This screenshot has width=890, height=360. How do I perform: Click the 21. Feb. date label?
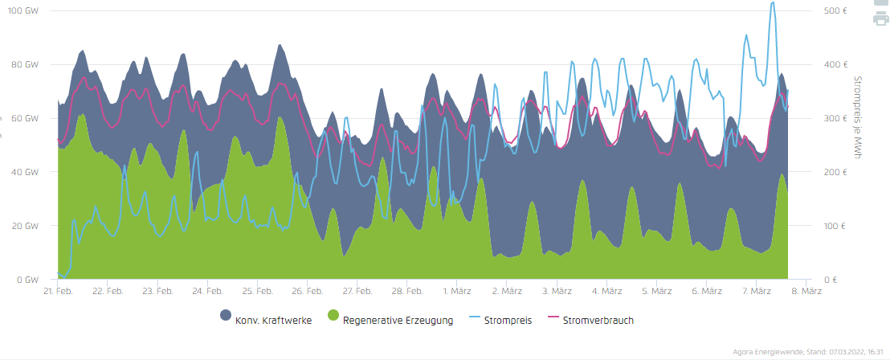pyautogui.click(x=59, y=292)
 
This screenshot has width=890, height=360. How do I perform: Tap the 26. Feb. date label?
pyautogui.click(x=308, y=292)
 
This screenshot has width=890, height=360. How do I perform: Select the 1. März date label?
pyautogui.click(x=457, y=292)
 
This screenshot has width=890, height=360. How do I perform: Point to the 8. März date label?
pyautogui.click(x=806, y=292)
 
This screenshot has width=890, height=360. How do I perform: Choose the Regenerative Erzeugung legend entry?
pyautogui.click(x=398, y=321)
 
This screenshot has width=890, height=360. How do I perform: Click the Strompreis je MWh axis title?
pyautogui.click(x=857, y=118)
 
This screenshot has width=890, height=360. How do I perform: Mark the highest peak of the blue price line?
pyautogui.click(x=773, y=2)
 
